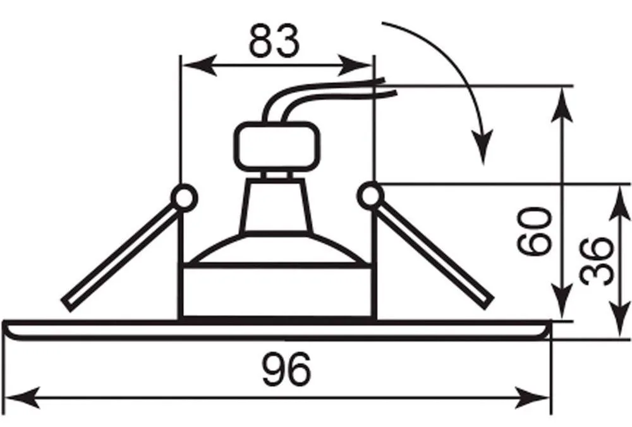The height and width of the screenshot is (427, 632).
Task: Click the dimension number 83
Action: pos(274,40)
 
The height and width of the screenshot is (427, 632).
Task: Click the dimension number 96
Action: pos(286,369)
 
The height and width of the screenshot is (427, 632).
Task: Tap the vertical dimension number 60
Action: pos(533,232)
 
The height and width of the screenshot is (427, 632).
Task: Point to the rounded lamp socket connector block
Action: pos(274,147)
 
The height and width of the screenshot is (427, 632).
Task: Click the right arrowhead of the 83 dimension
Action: pos(355,65)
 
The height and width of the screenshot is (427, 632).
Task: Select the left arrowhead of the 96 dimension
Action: pos(23,397)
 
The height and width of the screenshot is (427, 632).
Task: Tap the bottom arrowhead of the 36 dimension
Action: pos(619,319)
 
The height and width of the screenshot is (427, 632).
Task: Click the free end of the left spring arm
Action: pos(68,306)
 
